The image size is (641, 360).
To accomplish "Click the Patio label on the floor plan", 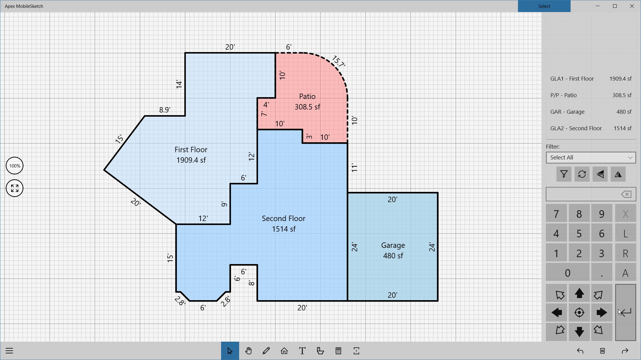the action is click(x=307, y=97).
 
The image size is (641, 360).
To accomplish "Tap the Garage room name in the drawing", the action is click(x=393, y=245).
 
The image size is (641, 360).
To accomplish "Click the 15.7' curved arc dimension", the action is click(x=339, y=61).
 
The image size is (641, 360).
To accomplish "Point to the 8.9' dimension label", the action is click(x=165, y=110).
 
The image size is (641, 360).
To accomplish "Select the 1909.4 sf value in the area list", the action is click(x=620, y=79).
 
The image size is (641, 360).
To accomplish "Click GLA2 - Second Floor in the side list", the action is click(x=576, y=128).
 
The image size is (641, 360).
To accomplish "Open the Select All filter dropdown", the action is click(x=591, y=158).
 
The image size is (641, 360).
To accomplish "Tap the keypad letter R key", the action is click(x=625, y=253).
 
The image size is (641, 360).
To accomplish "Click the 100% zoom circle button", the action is click(x=14, y=166).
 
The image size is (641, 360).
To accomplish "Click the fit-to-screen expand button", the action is click(x=14, y=188).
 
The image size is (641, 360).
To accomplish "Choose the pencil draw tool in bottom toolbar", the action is click(x=266, y=351).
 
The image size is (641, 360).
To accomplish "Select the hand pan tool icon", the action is click(x=248, y=351).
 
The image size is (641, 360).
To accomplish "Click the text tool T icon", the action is click(x=302, y=351).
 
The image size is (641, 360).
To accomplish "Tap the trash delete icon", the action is click(x=602, y=351).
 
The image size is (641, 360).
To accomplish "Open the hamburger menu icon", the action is click(x=9, y=351).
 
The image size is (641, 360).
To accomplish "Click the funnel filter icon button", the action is click(x=564, y=174).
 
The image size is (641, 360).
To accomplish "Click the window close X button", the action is click(x=632, y=6).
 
